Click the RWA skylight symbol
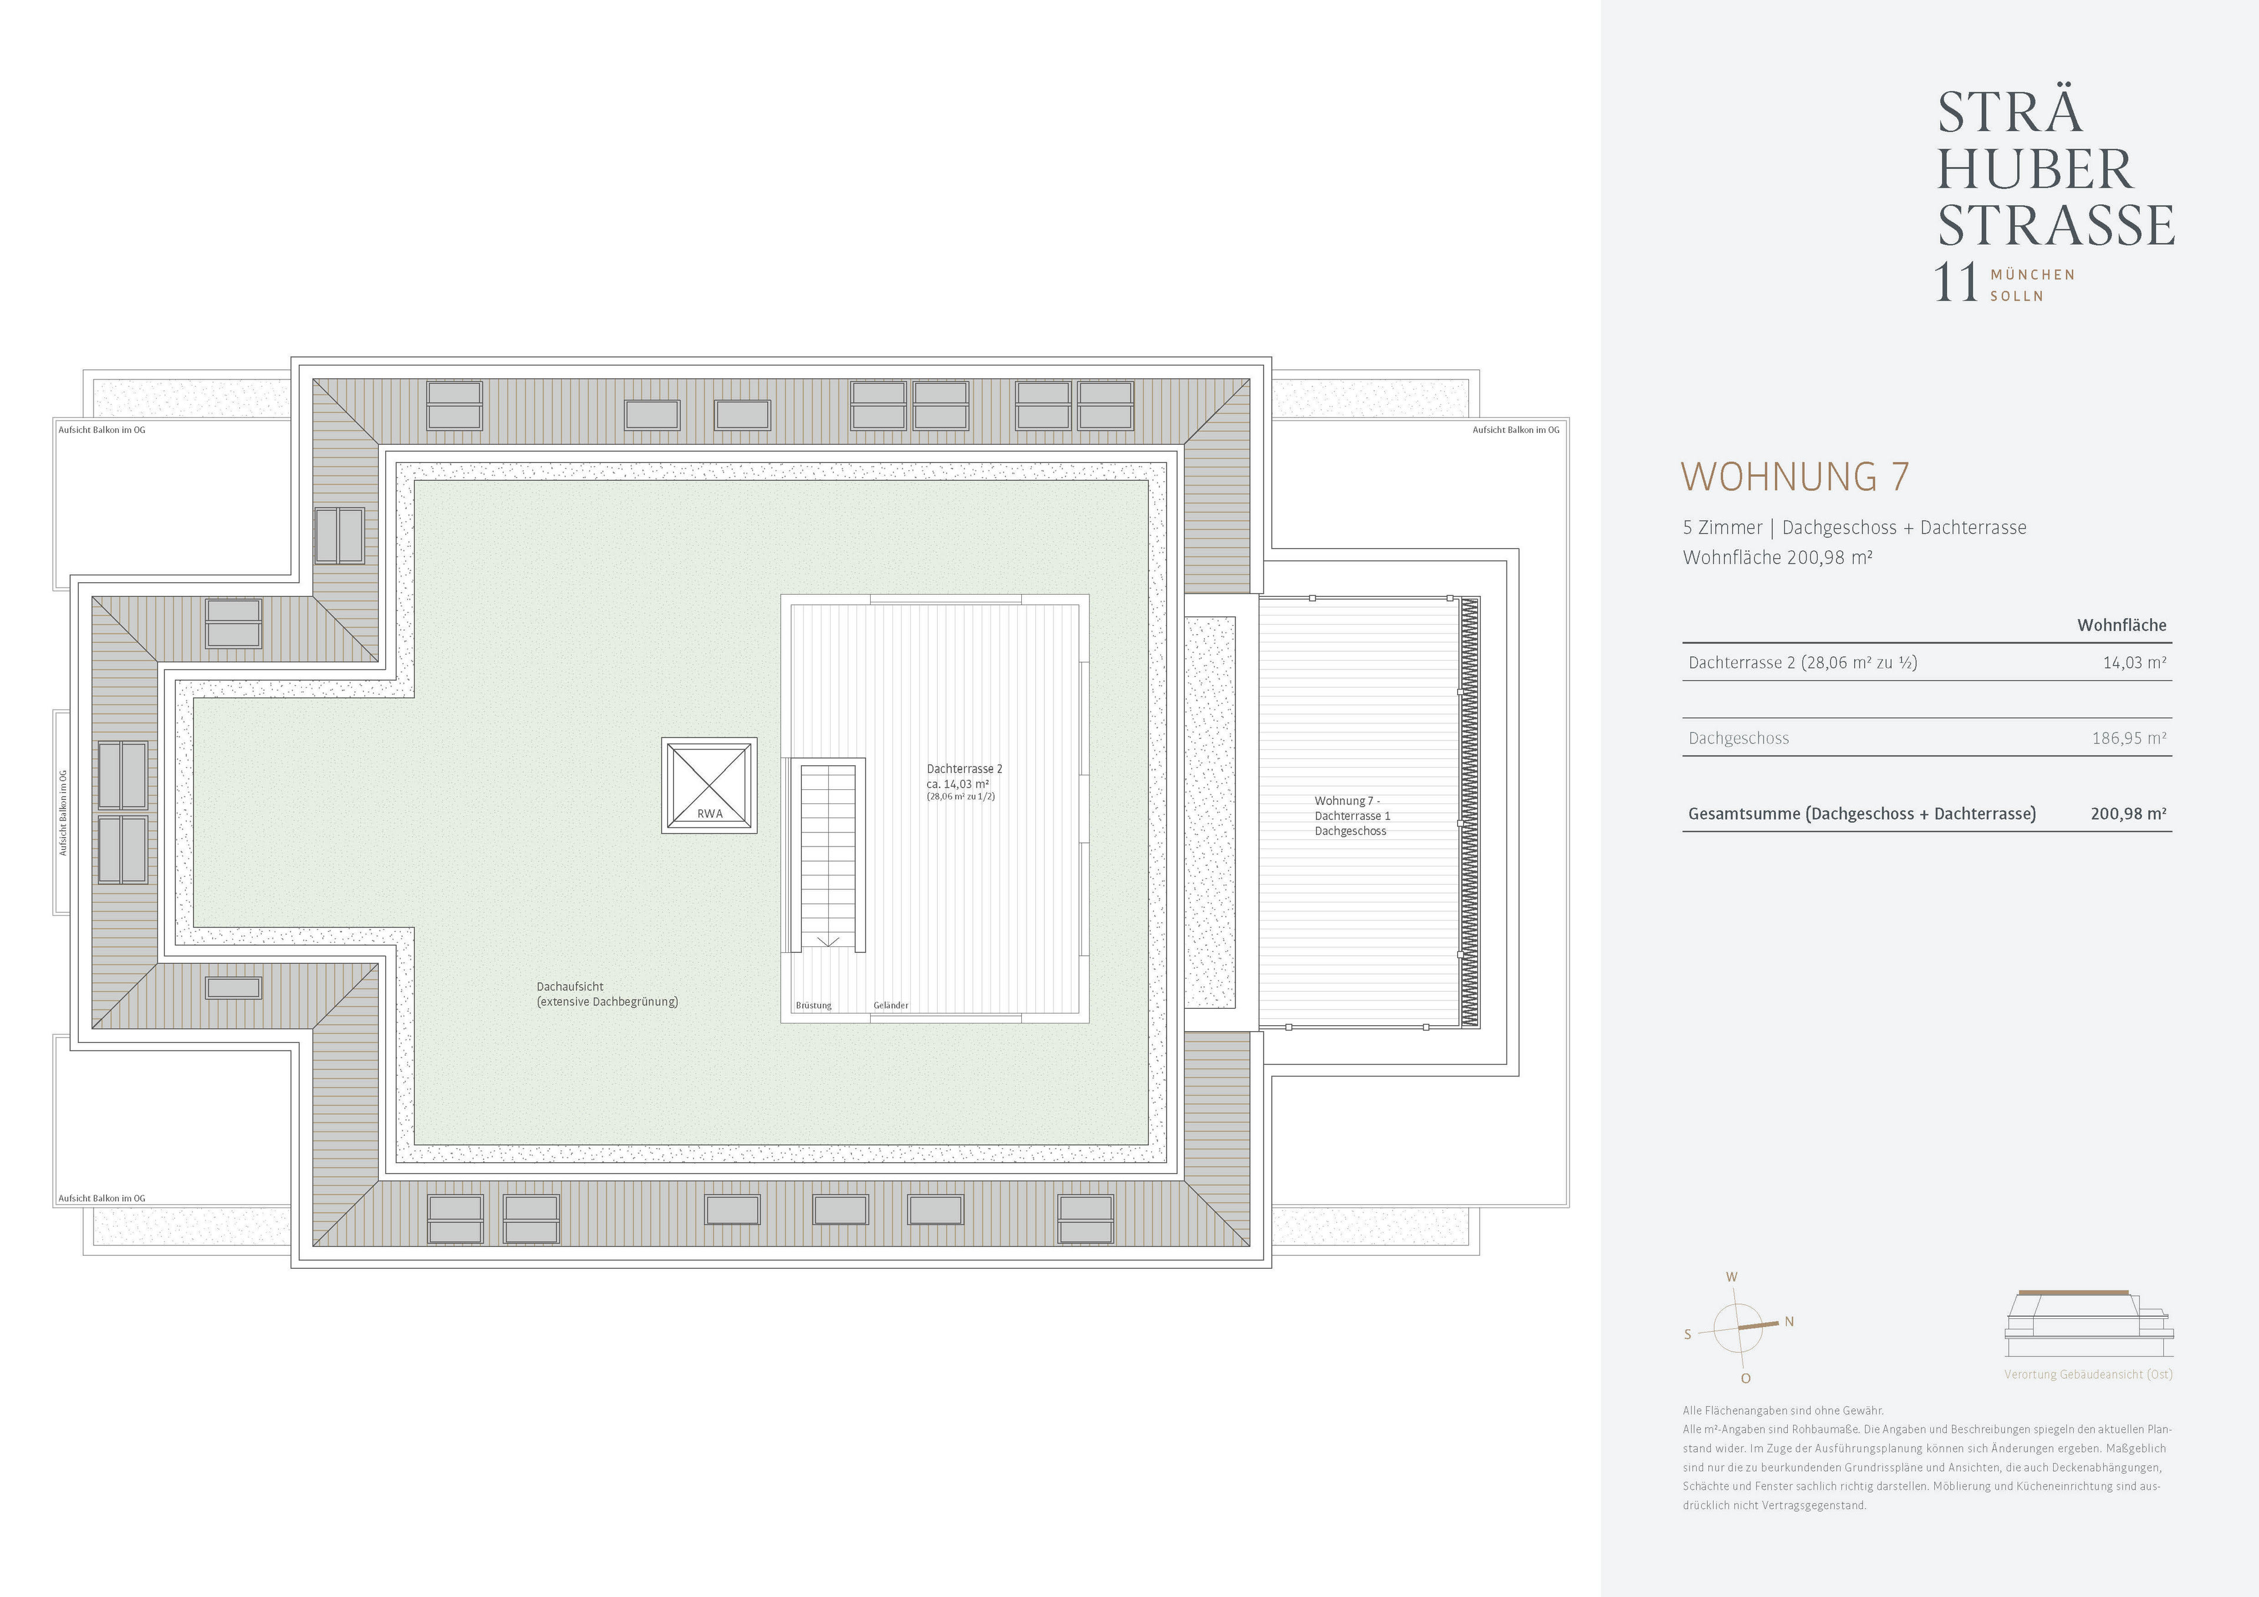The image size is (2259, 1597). pos(709,785)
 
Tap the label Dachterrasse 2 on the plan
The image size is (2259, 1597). pos(964,768)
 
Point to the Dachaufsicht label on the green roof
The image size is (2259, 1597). pos(569,986)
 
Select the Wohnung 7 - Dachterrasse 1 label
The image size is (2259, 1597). pos(1352,816)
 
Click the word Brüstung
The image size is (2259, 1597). pos(814,1006)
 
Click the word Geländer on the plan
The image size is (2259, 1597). pos(891,1006)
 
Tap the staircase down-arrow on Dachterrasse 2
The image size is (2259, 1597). pos(828,942)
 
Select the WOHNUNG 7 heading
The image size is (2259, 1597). pos(1795,477)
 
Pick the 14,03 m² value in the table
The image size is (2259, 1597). pos(2134,662)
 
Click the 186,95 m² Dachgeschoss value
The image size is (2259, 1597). pos(2129,738)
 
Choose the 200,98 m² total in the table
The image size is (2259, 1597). pos(2129,813)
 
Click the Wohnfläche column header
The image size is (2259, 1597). pos(2121,625)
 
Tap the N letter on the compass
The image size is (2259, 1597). pos(1789,1322)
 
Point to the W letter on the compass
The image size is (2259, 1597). pos(1732,1277)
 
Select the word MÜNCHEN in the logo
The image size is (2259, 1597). pos(2033,275)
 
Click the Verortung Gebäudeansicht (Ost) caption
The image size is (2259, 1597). pos(2088,1375)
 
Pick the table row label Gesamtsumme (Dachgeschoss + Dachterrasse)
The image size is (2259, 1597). pos(1861,813)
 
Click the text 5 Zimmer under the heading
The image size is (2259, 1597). pos(1722,528)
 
